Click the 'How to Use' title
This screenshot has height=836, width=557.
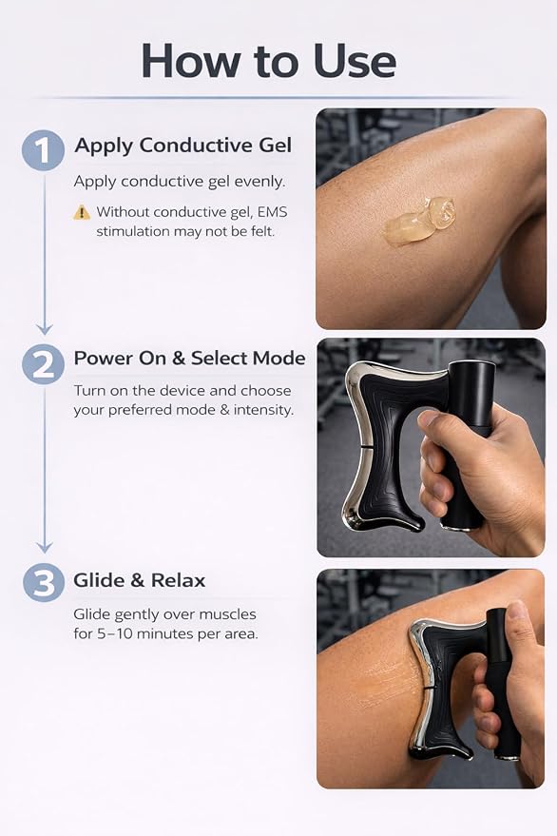pos(269,61)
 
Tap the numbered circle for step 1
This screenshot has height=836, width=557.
pos(43,150)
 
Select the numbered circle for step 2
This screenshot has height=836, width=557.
pos(44,365)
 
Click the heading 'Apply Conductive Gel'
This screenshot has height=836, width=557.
pos(182,146)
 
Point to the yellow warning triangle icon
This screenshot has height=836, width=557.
pos(82,212)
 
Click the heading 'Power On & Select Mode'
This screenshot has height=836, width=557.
pos(189,359)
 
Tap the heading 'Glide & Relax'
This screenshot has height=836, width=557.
pos(139,580)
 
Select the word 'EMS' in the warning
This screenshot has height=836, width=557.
pos(273,212)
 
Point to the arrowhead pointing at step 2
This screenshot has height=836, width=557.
pos(45,328)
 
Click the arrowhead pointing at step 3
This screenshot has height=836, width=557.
pos(45,547)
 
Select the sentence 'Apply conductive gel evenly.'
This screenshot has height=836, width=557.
pos(180,182)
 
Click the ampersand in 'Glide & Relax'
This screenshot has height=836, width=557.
pos(138,580)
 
